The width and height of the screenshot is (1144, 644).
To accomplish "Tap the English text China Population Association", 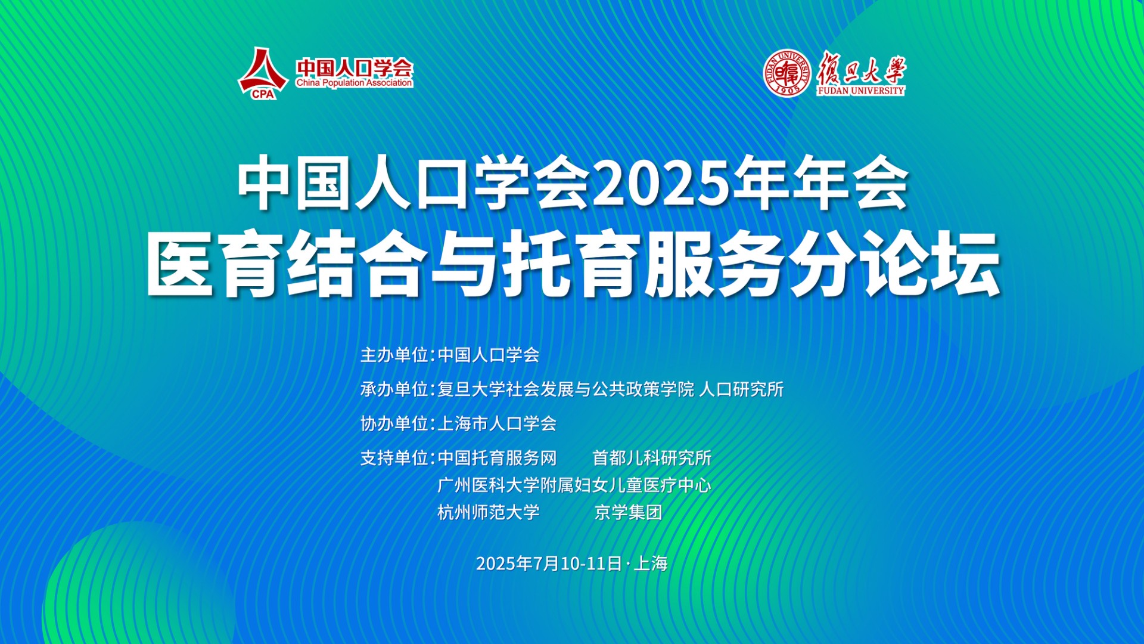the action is [x=354, y=83].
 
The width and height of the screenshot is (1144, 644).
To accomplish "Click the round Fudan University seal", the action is [x=788, y=73].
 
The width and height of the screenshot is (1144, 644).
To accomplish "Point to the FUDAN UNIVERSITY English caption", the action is [x=860, y=91].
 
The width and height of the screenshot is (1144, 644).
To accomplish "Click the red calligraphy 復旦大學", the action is [x=861, y=67].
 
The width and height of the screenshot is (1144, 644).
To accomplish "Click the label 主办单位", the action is [x=394, y=355].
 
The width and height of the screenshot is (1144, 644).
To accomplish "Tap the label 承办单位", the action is [x=394, y=389].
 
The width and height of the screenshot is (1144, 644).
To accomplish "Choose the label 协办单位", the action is [x=394, y=424].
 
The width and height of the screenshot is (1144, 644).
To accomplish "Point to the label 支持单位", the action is [x=394, y=458].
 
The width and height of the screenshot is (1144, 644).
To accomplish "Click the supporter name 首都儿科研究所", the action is [x=652, y=458].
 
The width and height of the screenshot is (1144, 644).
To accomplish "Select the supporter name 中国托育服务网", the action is [x=497, y=458].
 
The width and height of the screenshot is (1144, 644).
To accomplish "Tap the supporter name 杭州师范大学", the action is [x=489, y=512].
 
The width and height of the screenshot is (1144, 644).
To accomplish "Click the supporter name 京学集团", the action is [x=628, y=512].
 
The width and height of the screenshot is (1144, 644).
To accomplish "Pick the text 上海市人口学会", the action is [x=497, y=424].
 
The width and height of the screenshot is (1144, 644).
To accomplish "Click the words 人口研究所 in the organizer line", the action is [x=741, y=389].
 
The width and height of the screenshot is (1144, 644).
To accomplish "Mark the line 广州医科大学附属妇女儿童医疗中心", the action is [x=574, y=485].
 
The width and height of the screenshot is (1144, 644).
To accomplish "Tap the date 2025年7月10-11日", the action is [x=549, y=563].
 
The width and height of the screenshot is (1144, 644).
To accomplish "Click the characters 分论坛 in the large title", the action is [x=894, y=264].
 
